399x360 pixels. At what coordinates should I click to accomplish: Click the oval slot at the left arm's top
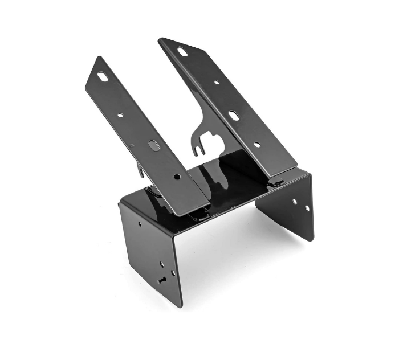tap(103, 76)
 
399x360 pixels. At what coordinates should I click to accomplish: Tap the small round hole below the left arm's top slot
tap(120, 115)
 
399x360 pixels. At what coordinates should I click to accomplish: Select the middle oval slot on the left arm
tap(154, 146)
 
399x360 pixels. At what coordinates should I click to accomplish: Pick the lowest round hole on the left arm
tap(176, 177)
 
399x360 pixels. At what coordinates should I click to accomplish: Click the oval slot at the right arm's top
tap(182, 52)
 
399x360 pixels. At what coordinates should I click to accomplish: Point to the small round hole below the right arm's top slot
tap(216, 83)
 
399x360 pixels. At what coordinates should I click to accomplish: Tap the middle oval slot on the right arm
tap(234, 116)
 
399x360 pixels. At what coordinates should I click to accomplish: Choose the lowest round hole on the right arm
tap(257, 145)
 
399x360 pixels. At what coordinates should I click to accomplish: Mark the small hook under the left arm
tap(140, 169)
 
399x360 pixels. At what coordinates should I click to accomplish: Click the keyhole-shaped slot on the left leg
tap(163, 280)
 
